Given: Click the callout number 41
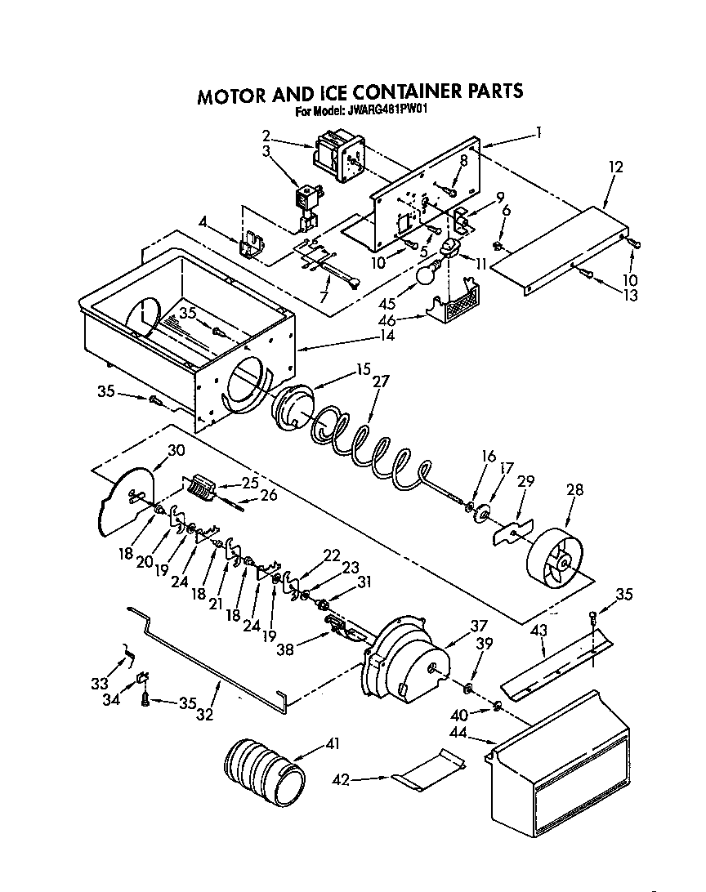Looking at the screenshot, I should click(333, 743).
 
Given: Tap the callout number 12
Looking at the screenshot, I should click(615, 167).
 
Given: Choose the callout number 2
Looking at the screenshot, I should click(266, 135).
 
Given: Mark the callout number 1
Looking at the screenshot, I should click(538, 131).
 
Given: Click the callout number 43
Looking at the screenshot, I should click(538, 631).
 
